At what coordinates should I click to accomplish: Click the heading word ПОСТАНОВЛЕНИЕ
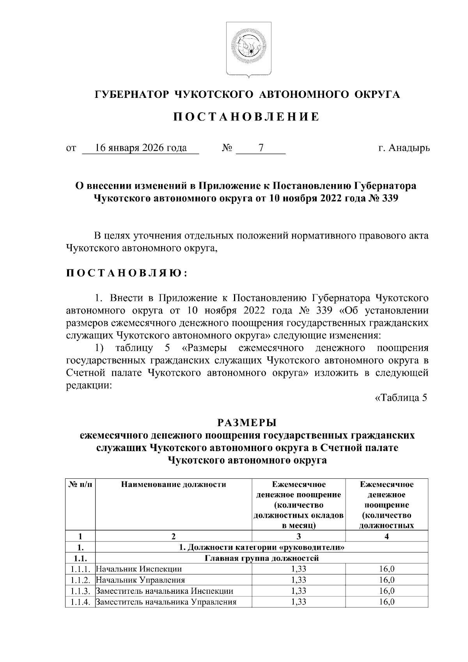(x=246, y=117)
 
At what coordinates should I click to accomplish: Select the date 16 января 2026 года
(x=141, y=149)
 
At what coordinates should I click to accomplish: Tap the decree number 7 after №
(x=261, y=149)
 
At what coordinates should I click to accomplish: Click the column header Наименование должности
(x=174, y=485)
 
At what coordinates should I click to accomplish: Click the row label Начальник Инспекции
(x=139, y=569)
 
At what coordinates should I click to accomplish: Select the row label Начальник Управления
(x=140, y=580)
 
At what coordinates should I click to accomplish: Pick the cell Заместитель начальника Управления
(x=166, y=602)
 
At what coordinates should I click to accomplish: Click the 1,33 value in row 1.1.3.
(x=299, y=591)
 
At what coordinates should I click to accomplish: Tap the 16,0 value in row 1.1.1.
(x=387, y=569)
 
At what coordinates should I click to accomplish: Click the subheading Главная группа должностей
(x=262, y=558)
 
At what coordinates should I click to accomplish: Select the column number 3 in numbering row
(x=299, y=536)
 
